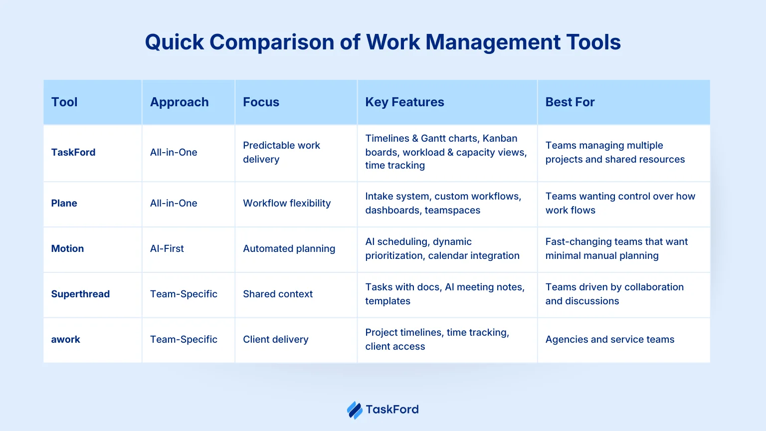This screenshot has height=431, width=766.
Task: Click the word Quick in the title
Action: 175,42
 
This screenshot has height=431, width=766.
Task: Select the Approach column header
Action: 179,102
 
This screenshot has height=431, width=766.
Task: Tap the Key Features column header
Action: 404,102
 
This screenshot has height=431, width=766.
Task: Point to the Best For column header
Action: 570,102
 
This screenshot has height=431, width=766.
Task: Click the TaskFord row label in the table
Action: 73,152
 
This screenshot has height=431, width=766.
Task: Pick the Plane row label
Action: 64,203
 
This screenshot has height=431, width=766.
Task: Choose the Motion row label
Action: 67,249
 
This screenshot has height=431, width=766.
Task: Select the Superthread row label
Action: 80,294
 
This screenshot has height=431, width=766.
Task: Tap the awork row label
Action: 65,339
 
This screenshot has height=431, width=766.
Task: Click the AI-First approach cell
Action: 167,249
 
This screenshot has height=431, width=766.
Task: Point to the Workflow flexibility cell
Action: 287,203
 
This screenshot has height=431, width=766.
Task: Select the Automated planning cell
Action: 289,249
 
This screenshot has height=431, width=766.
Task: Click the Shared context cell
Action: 278,294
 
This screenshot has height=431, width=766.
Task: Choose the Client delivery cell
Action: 276,339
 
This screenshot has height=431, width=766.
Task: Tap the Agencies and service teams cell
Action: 610,339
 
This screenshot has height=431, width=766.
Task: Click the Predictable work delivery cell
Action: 281,152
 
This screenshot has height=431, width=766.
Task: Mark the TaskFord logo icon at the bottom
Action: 355,410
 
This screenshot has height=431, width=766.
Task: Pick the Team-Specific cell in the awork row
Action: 184,339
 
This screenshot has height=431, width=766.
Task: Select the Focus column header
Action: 261,102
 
